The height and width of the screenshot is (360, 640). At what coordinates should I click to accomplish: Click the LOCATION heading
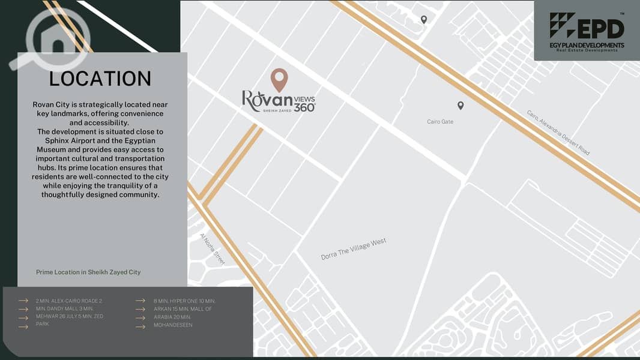(100, 79)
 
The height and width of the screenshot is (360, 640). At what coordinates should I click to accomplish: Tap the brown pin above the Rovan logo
(279, 79)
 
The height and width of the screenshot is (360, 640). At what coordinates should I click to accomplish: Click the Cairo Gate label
(440, 122)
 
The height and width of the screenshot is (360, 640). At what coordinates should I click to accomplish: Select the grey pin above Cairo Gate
(460, 106)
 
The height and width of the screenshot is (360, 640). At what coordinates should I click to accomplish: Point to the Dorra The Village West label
(354, 249)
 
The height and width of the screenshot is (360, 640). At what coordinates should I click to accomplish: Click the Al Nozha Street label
(212, 249)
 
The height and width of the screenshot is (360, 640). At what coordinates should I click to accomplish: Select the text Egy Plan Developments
(587, 45)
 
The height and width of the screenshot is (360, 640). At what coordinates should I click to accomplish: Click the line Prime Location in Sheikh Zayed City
(88, 272)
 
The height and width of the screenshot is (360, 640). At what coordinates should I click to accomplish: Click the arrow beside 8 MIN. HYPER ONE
(140, 301)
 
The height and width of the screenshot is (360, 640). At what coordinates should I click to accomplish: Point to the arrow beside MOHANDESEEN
(140, 326)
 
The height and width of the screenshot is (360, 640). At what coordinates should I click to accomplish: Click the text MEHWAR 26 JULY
(57, 317)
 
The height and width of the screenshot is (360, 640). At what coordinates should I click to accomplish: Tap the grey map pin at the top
(424, 20)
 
